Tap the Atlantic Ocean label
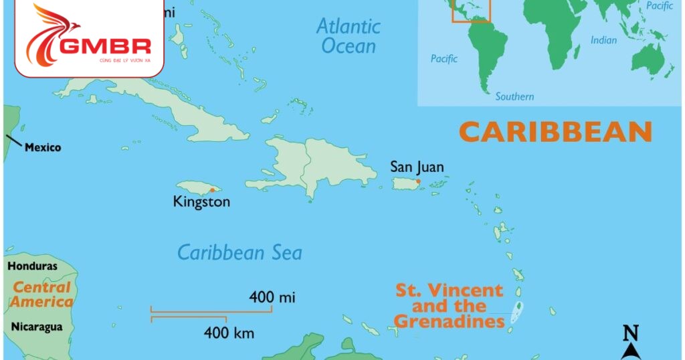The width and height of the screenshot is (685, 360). coord(349,36)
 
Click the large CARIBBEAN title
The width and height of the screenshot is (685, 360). coord(555,132)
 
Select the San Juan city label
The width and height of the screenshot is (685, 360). coord(417,167)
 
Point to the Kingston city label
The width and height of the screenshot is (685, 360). coord(201,201)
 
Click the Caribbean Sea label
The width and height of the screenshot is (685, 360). coord(239,253)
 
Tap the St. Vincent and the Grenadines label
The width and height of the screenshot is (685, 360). coord(449,306)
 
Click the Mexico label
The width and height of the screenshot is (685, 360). coord(43,147)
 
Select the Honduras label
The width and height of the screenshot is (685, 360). coord(32,266)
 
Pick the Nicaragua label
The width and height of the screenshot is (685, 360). coord(37,327)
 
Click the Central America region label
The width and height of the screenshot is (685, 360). coord(41,294)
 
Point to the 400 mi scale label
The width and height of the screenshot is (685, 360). coord(272,297)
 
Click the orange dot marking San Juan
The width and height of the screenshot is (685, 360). coord(418,181)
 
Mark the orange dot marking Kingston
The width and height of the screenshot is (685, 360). coord(212,190)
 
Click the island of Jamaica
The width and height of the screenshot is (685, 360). coord(194,187)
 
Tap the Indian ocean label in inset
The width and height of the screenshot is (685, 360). coord(603,41)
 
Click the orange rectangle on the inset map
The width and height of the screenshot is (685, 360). coord(471,10)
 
